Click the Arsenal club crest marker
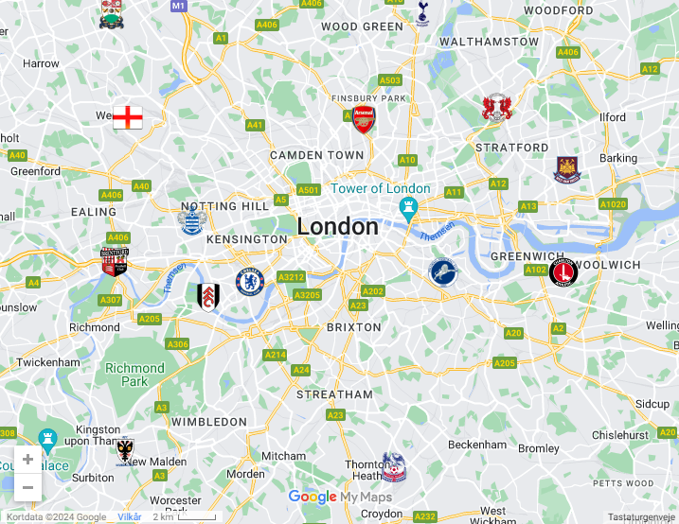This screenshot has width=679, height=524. click(x=364, y=119)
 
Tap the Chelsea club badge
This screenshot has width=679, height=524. click(x=248, y=281)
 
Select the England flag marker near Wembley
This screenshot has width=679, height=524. click(x=128, y=117)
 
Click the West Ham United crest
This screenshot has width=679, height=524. click(x=566, y=169)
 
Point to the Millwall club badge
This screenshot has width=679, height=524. click(x=442, y=272)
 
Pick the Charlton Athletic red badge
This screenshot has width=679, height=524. click(x=563, y=272)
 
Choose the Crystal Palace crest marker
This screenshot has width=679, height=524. click(x=393, y=466)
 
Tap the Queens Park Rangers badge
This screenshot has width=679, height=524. click(x=192, y=221)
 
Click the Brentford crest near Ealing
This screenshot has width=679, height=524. click(x=115, y=260)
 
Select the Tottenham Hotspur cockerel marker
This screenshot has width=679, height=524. click(x=422, y=12)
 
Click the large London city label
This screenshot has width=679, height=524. click(x=337, y=227)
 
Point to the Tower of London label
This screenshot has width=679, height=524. click(x=380, y=188)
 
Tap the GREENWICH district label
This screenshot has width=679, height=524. click(x=527, y=256)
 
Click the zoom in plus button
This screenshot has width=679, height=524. click(x=27, y=460)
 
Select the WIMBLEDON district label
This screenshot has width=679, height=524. click(x=209, y=421)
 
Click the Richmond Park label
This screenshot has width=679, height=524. click(x=134, y=375)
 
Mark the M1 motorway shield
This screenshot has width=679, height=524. click(x=178, y=6)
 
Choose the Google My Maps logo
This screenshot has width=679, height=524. click(x=339, y=497)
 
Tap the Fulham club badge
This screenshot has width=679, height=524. click(x=205, y=296)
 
